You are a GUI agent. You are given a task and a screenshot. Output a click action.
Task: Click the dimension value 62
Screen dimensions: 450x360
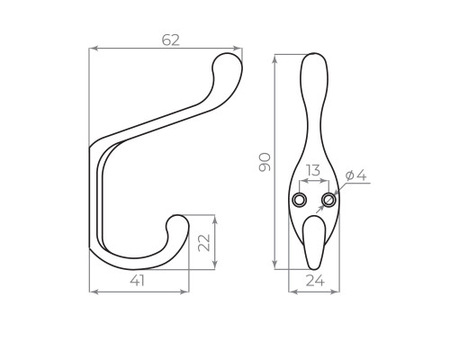pos(171,40)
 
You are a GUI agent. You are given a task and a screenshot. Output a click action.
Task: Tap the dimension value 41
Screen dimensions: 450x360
pos(138,281)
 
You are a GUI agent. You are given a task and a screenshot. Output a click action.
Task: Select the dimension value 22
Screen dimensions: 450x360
pos(204,243)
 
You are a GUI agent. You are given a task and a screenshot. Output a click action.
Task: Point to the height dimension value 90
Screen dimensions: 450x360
pos(265,162)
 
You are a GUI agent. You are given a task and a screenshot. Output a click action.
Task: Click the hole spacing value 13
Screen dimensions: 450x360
pos(314,171)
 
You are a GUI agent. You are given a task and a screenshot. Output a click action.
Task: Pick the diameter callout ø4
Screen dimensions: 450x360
pos(355,175)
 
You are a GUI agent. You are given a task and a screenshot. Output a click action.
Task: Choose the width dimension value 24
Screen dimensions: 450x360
pos(315,281)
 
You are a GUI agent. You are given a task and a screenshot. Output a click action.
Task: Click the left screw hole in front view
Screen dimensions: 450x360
pos(300,200)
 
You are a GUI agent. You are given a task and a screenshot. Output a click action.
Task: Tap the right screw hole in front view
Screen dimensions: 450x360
pos(328,200)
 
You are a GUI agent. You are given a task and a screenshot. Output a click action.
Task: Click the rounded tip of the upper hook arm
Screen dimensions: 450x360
pos(228,64)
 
